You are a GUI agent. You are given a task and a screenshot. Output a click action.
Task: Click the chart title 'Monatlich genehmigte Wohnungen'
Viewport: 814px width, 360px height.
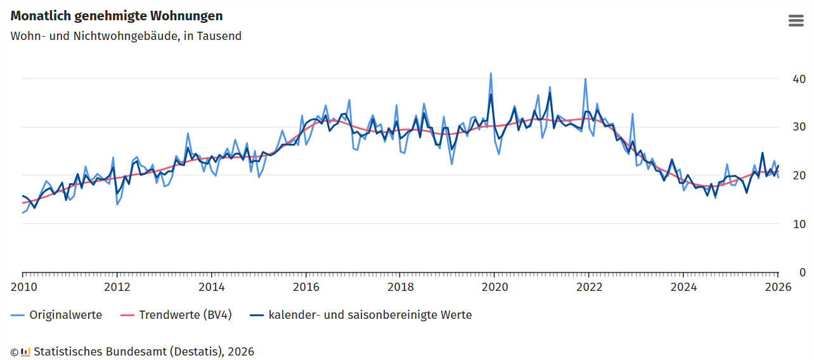(x=117, y=16)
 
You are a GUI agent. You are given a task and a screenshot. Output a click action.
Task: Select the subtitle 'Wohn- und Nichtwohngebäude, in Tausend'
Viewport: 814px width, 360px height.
(x=126, y=36)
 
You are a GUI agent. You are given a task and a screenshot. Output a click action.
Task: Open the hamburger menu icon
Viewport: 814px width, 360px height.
(x=796, y=20)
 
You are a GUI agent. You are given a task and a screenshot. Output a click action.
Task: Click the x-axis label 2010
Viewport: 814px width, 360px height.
(x=23, y=286)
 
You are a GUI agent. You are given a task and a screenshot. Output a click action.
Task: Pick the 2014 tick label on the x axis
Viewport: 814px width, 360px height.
(x=211, y=286)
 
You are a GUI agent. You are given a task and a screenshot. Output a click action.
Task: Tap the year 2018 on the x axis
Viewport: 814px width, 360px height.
(x=400, y=286)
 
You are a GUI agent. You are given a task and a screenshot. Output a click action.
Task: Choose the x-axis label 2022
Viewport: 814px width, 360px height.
(x=589, y=286)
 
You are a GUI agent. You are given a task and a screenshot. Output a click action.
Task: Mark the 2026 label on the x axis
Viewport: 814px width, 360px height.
(x=778, y=286)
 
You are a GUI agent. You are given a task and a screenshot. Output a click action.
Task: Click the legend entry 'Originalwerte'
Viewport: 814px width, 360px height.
(x=65, y=315)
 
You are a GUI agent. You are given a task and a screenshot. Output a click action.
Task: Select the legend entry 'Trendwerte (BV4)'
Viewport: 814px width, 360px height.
(x=185, y=315)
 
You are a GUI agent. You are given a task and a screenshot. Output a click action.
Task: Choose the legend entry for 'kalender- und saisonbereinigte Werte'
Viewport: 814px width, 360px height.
(x=370, y=315)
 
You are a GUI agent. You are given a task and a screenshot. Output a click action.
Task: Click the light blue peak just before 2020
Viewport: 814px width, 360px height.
(x=491, y=74)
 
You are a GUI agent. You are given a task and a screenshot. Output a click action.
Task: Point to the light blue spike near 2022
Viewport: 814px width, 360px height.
(x=585, y=79)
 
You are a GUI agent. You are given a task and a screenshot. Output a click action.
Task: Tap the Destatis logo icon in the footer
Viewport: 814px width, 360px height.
(x=25, y=352)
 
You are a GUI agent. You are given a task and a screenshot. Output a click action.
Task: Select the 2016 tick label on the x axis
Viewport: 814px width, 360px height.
(x=306, y=286)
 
